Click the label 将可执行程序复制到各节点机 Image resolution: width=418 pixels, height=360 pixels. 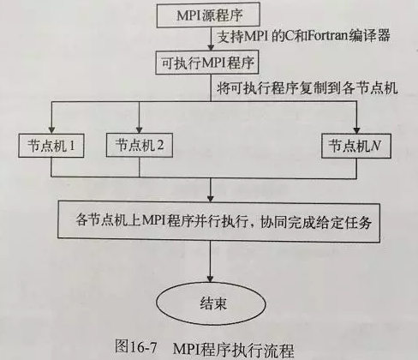pos(308,88)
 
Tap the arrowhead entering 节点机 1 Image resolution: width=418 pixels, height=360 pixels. pos(51,130)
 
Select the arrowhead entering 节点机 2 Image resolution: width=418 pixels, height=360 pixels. pos(139,129)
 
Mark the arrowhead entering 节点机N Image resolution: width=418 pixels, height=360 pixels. pos(357,130)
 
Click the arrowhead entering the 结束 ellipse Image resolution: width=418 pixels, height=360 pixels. pos(211,279)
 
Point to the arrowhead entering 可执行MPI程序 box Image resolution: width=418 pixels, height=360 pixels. pos(211,47)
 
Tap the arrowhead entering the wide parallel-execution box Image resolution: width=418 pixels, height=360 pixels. pos(211,198)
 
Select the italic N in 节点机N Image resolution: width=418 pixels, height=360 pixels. pos(376,146)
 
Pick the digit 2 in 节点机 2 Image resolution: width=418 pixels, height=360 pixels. pos(160,145)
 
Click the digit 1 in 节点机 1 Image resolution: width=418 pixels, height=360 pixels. pos(72,146)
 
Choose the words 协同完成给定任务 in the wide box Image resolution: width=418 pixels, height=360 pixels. pos(316,222)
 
